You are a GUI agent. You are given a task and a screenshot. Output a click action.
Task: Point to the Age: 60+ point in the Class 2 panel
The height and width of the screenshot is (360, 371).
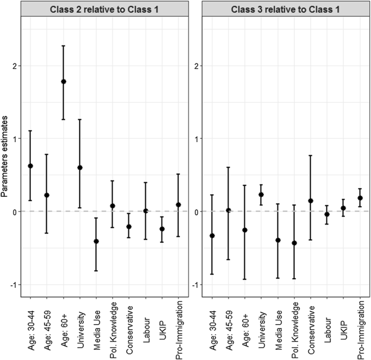coord(63,81)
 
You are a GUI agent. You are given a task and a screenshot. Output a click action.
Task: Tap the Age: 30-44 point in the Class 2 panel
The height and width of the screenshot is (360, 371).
coord(30,166)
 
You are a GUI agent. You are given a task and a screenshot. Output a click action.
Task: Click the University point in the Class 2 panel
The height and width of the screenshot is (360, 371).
coord(80,168)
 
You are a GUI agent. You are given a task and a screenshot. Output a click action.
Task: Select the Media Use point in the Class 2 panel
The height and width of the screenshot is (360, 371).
coord(96,241)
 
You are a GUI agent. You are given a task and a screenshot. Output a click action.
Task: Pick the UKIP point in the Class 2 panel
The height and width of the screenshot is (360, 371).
coord(162,229)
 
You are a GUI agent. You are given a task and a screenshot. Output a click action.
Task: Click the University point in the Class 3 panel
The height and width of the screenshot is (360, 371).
coord(261,194)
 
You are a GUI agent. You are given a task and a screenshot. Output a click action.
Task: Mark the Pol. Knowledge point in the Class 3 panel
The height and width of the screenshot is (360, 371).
coord(294,243)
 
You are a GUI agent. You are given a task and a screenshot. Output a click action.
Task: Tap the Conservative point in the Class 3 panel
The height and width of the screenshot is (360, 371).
coord(311,201)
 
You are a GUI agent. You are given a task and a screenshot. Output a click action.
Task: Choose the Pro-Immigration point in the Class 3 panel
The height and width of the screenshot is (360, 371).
coord(360,198)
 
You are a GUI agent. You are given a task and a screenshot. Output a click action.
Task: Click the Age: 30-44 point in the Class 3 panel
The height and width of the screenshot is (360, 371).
coord(212,235)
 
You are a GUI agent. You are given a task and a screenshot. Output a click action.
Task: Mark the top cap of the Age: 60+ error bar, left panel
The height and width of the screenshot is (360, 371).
coord(63,46)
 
